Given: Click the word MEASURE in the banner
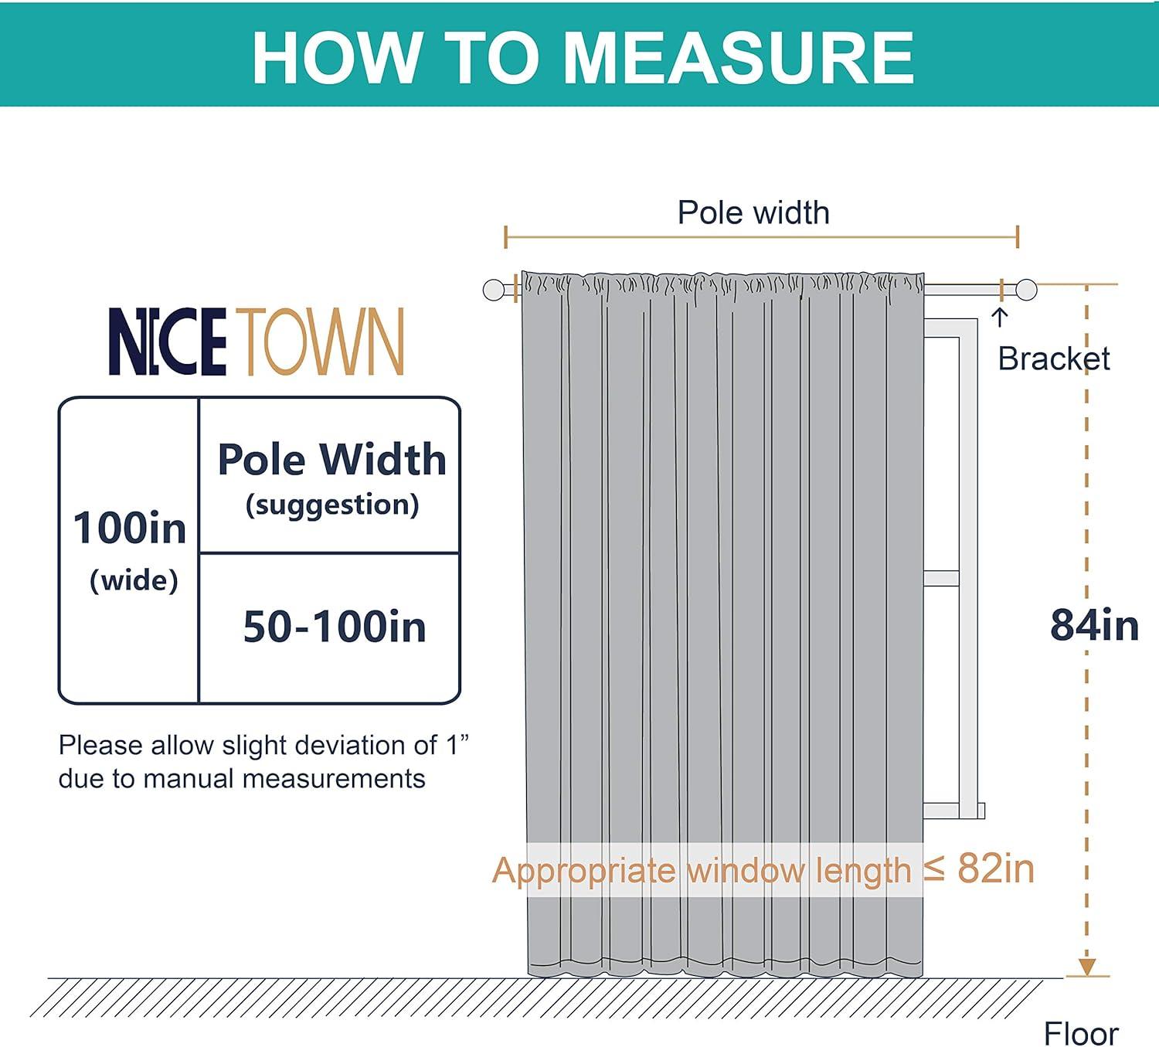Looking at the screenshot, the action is (x=738, y=58).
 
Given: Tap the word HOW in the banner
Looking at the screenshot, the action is (x=336, y=58).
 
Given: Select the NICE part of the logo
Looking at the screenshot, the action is (x=168, y=342).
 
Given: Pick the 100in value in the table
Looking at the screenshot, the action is (x=129, y=528).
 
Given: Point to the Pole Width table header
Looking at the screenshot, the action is (x=332, y=459).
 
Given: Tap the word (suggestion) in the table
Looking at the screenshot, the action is (x=332, y=505).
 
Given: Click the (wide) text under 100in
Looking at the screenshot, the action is (x=134, y=580).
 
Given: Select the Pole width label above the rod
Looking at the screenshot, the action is (x=753, y=212).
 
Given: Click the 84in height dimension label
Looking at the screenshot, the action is (x=1094, y=624).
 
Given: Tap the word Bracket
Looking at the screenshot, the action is (x=1054, y=359).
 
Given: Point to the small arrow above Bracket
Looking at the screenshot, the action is (x=1000, y=318).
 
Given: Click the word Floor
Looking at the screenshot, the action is (x=1081, y=1033).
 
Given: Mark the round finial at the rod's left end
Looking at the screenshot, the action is (x=494, y=290).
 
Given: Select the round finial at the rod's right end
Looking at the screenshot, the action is (x=1026, y=290).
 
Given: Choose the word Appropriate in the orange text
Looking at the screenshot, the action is (x=583, y=871).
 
